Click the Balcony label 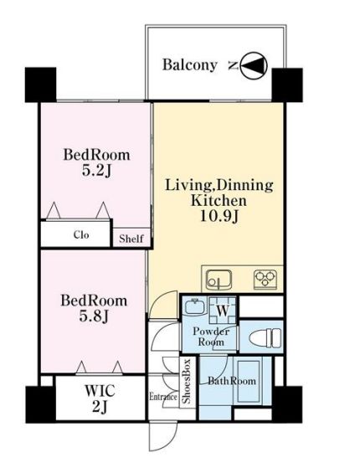pyautogui.click(x=190, y=65)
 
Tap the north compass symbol pyautogui.click(x=254, y=66)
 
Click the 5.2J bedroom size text pyautogui.click(x=96, y=171)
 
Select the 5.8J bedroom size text pyautogui.click(x=94, y=316)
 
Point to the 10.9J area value pyautogui.click(x=219, y=216)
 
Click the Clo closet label pyautogui.click(x=81, y=234)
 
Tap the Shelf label pyautogui.click(x=131, y=239)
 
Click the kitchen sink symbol pyautogui.click(x=219, y=280)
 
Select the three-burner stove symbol pyautogui.click(x=265, y=279)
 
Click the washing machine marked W pyautogui.click(x=223, y=310)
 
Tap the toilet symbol pyautogui.click(x=265, y=337)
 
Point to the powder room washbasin pyautogui.click(x=194, y=306)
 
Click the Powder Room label pyautogui.click(x=211, y=337)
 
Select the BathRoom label pyautogui.click(x=232, y=381)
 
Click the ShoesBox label pyautogui.click(x=187, y=381)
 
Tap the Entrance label pyautogui.click(x=163, y=396)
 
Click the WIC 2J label pyautogui.click(x=100, y=398)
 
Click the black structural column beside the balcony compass pyautogui.click(x=287, y=85)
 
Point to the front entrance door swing pyautogui.click(x=163, y=436)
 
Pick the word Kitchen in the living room pyautogui.click(x=219, y=201)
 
